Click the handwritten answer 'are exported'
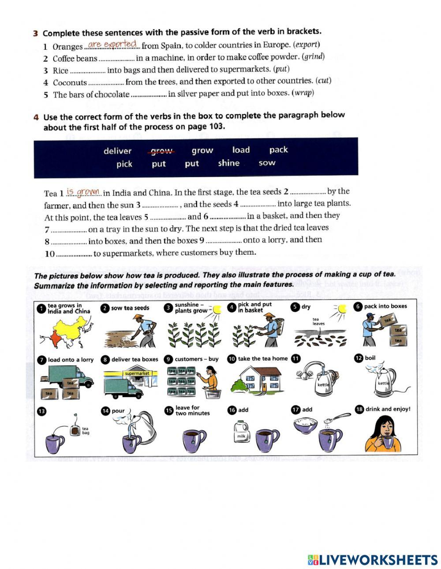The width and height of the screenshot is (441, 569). pos(112,44)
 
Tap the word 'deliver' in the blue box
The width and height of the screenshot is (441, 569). pos(117,151)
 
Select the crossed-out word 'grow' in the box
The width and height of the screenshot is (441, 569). pos(161,151)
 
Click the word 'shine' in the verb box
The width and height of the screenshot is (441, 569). pos(228,163)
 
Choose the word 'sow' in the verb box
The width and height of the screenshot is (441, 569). pos(267,163)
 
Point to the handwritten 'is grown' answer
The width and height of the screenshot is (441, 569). pos(84,192)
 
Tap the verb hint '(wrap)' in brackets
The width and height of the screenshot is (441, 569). pos(303,93)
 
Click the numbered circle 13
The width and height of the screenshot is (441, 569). pos(41,411)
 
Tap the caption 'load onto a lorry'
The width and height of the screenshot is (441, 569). pos(71,360)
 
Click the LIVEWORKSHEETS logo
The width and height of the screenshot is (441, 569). pos(372,559)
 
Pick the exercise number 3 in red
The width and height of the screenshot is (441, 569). pos(35,33)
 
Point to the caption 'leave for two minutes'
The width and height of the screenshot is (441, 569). pos(192,410)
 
